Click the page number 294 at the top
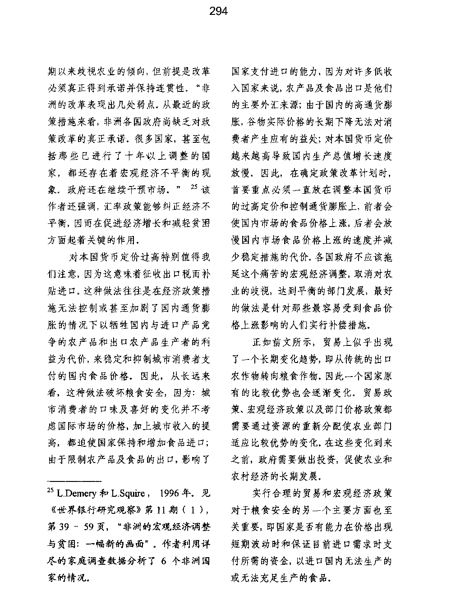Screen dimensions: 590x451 pyautogui.click(x=218, y=11)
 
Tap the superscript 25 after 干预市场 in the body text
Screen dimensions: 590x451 pyautogui.click(x=194, y=187)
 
